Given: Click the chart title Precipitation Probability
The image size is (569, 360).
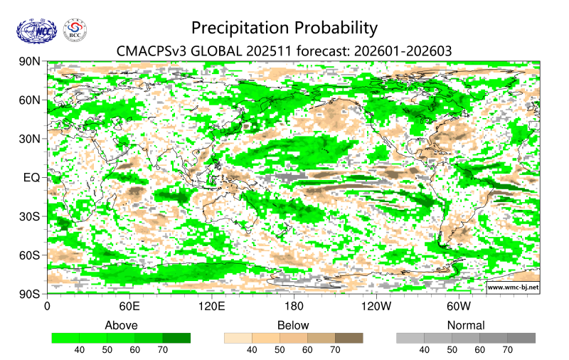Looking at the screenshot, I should pyautogui.click(x=284, y=28).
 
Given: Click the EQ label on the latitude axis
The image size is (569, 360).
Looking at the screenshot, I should pyautogui.click(x=32, y=178).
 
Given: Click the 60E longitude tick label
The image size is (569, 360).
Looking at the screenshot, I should pyautogui.click(x=129, y=307).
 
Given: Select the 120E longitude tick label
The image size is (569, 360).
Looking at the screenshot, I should pyautogui.click(x=211, y=307).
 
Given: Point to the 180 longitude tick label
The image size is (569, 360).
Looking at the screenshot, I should pyautogui.click(x=294, y=307).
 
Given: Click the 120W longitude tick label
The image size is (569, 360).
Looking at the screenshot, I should pyautogui.click(x=376, y=307).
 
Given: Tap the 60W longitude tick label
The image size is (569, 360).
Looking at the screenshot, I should pyautogui.click(x=459, y=307).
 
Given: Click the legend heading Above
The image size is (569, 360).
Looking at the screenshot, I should pyautogui.click(x=122, y=325).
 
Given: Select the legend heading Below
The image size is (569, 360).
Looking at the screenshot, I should pyautogui.click(x=293, y=325).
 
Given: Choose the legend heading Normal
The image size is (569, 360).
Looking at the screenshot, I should pyautogui.click(x=466, y=325).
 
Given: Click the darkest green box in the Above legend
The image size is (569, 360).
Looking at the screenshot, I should pyautogui.click(x=176, y=338).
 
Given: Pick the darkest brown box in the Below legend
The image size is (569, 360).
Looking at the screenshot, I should pyautogui.click(x=349, y=338).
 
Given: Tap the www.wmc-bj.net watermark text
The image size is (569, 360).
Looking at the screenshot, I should pyautogui.click(x=512, y=287).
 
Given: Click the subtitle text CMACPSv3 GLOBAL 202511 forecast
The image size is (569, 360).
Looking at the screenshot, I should pyautogui.click(x=284, y=51).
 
